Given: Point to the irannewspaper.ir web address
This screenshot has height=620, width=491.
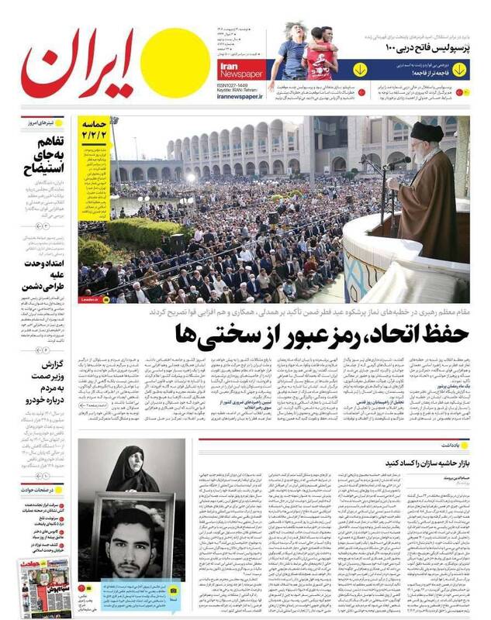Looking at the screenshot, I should (x=240, y=96).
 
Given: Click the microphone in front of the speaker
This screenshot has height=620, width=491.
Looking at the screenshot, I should (x=396, y=162).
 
